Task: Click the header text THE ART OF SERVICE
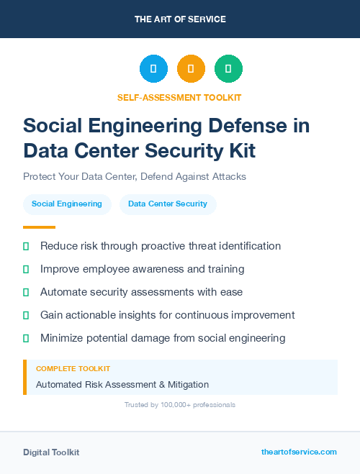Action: click(x=180, y=19)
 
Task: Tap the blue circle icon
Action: click(x=153, y=69)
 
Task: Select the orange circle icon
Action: click(x=191, y=69)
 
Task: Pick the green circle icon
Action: click(x=228, y=69)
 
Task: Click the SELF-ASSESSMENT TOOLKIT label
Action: click(x=180, y=97)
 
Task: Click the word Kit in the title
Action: click(x=239, y=151)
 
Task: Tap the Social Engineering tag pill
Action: click(x=67, y=204)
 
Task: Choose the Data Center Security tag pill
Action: click(x=168, y=204)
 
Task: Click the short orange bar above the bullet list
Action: click(x=29, y=227)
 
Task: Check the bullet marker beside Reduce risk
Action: click(x=26, y=246)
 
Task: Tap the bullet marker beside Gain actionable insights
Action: click(x=26, y=315)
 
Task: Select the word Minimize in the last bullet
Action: click(x=63, y=338)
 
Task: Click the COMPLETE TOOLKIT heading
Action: click(x=73, y=369)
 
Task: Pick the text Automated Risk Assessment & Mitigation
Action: click(x=122, y=385)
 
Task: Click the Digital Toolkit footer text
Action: click(x=51, y=452)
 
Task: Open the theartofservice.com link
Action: click(x=299, y=452)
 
